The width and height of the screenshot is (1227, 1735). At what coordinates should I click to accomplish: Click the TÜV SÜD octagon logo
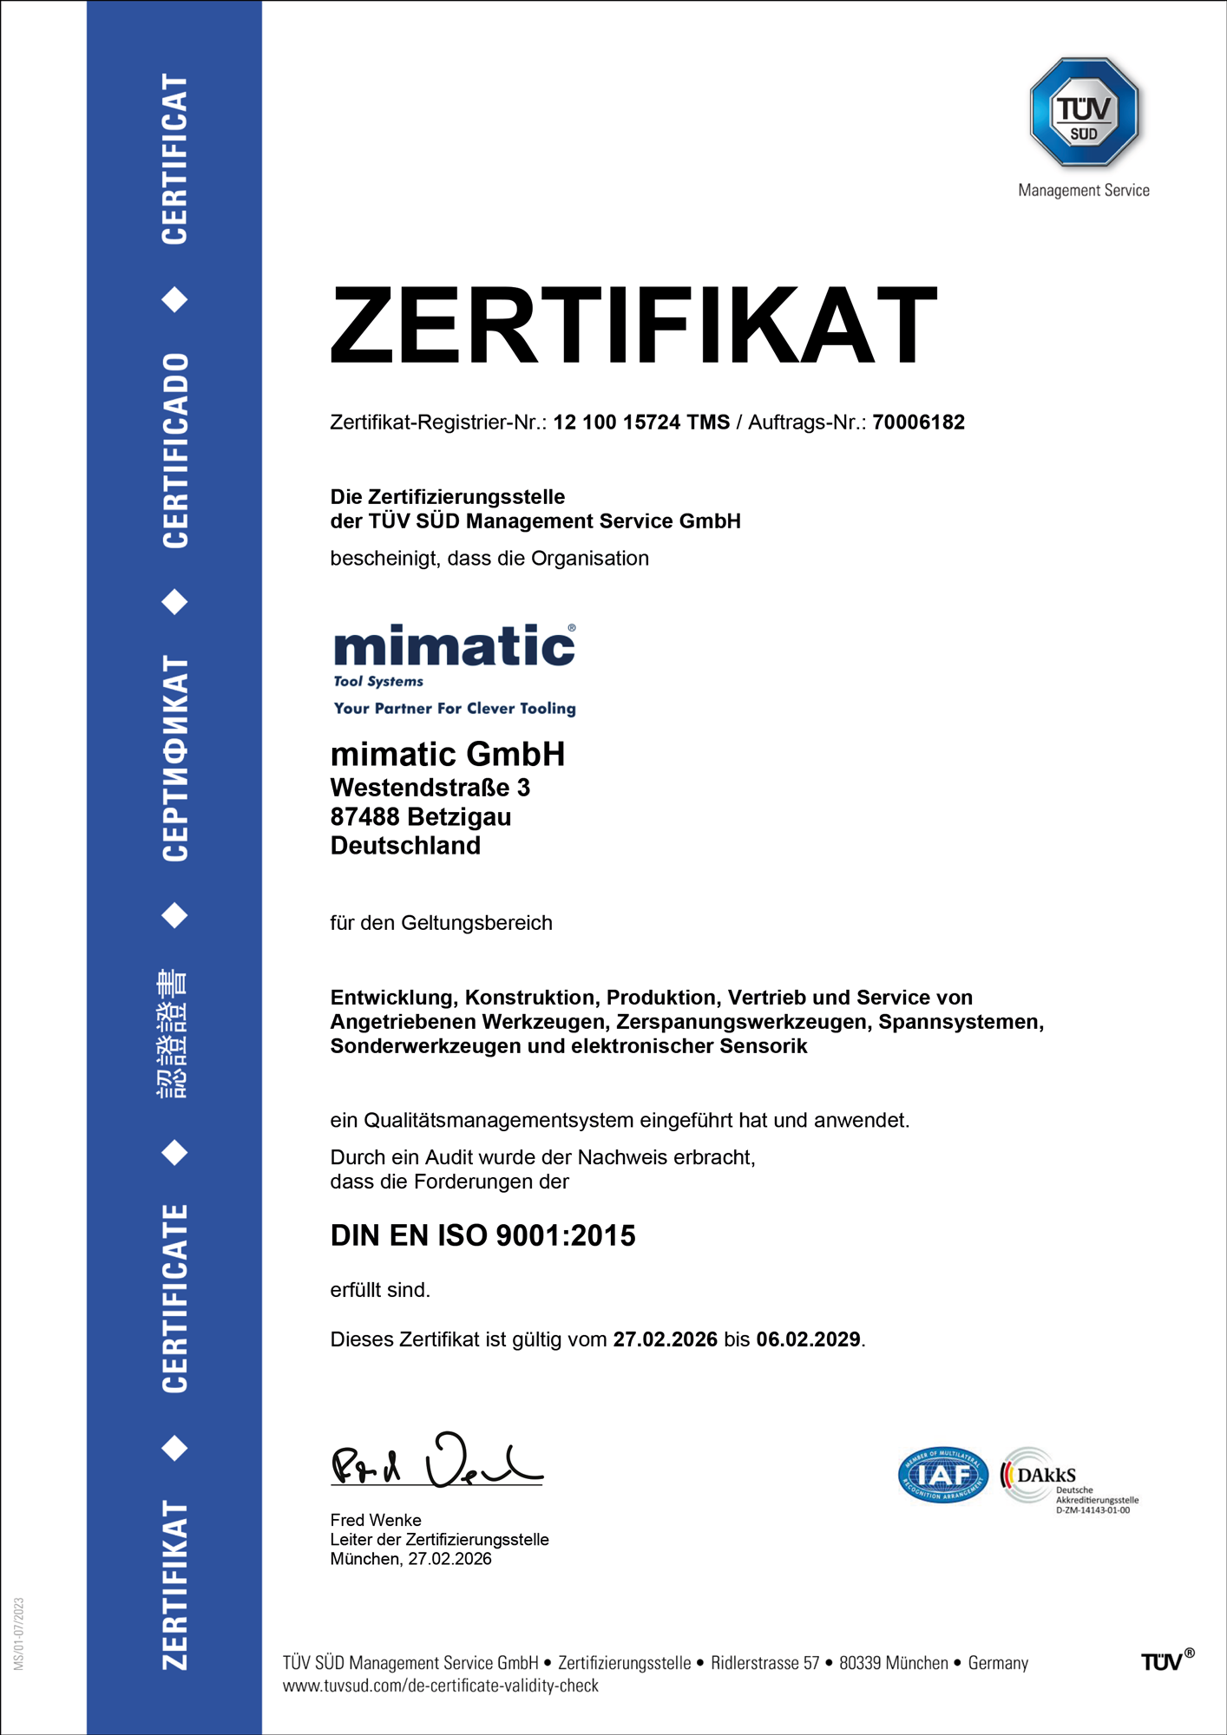pos(1084,112)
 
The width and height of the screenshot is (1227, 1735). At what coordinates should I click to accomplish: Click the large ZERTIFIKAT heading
pos(633,325)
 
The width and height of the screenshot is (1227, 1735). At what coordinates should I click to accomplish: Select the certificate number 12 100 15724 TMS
pos(641,422)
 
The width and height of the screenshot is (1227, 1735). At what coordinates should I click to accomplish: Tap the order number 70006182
pos(918,422)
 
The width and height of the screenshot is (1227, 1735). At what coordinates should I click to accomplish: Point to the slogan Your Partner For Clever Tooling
pos(455,709)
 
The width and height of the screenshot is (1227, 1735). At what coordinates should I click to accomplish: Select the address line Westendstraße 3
pos(430,788)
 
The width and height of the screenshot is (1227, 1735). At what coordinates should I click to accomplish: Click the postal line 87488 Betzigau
pos(420,817)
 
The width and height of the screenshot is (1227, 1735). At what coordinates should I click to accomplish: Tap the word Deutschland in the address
pos(405,846)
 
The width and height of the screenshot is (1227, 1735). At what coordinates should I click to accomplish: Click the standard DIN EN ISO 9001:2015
pos(482,1235)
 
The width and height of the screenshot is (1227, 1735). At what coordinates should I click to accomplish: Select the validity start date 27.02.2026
pos(665,1339)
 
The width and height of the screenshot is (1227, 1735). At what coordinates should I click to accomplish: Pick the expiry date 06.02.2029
pos(808,1339)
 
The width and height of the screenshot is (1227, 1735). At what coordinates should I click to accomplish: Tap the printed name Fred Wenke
pos(376,1520)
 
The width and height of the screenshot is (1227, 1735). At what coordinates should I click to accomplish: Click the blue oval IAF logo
pos(942,1475)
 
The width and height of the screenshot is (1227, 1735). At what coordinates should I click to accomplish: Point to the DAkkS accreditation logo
pos(1067,1478)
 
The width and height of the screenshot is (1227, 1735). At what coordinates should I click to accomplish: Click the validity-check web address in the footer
pos(441,1686)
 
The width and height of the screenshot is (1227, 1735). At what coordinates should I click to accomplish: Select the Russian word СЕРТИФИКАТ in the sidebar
pos(174,758)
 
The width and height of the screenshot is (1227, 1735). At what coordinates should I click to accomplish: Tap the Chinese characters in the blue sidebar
pos(173,1034)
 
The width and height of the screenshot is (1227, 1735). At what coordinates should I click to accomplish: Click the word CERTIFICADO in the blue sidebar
pos(174,450)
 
